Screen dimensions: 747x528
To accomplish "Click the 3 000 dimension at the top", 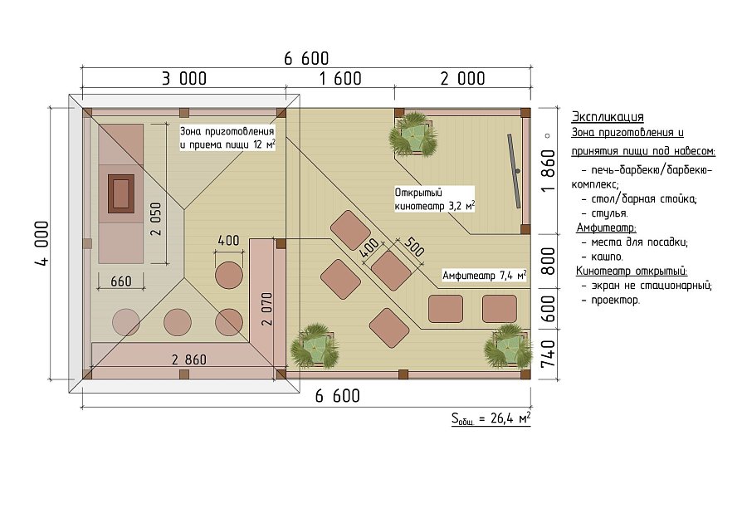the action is [184, 79].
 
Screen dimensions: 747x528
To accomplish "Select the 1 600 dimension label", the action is [340, 79].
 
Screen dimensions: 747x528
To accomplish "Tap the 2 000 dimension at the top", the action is [462, 79].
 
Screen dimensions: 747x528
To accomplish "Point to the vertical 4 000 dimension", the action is [42, 243].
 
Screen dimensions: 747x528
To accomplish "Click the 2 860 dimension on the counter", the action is [189, 359].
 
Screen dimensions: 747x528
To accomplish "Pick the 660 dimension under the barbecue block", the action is [121, 281].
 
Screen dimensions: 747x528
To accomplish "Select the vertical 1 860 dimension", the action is [549, 170].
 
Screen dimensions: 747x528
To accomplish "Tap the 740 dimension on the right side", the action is [549, 353].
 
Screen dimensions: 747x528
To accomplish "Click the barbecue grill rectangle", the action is [121, 193].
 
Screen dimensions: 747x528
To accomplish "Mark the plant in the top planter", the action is [413, 134].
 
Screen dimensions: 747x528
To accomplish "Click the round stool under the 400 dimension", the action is [229, 275].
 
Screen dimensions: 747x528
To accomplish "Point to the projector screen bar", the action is [514, 170].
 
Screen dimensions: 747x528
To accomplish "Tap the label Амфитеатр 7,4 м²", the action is [485, 276].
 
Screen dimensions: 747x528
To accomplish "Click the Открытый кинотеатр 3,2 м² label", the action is [434, 199].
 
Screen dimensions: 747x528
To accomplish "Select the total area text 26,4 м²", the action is [491, 419].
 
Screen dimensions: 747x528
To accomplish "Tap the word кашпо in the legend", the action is [607, 257].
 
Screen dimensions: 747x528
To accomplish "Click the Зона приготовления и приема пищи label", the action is [227, 138].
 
